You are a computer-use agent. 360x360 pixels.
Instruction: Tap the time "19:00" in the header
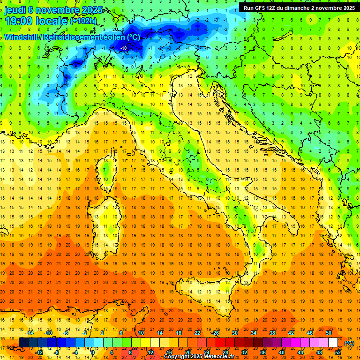coord(17,21)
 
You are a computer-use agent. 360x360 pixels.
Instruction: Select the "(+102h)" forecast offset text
coord(83,21)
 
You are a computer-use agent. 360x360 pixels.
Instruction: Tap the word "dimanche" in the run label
coord(299,8)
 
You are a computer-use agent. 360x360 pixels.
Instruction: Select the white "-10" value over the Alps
coord(124,48)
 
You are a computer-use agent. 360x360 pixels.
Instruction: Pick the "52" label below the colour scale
coord(338,352)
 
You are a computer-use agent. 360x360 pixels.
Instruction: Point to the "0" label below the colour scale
coord(93,352)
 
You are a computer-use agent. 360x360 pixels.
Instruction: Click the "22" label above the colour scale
coord(198,333)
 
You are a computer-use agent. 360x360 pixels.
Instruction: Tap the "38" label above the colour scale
coord(272,333)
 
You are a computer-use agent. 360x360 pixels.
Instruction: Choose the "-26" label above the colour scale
coord(216,333)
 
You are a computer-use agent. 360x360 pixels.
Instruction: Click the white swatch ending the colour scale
coord(333,343)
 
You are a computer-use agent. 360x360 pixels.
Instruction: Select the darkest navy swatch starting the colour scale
coord(23,343)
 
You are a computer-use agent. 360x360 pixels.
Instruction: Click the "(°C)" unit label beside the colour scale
coord(350,343)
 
